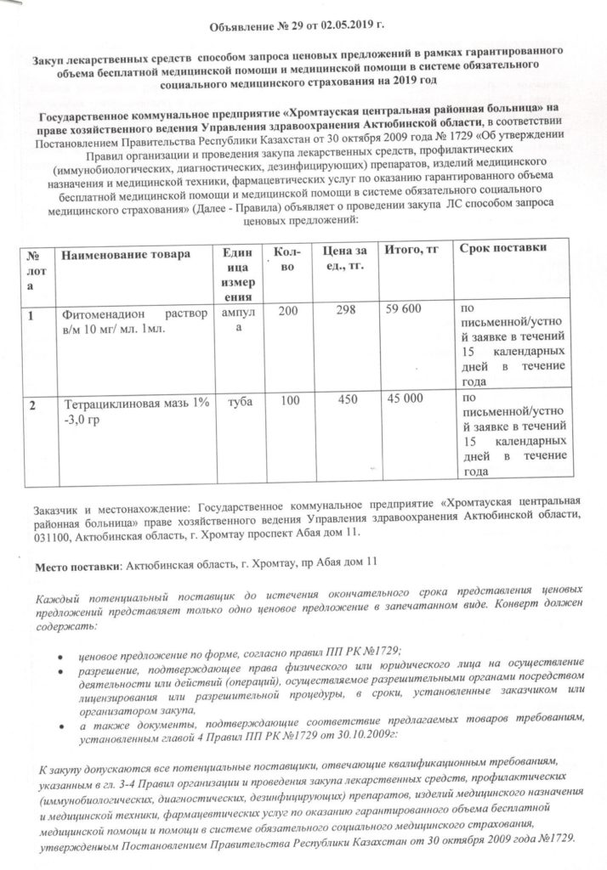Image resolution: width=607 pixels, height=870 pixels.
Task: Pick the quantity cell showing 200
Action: [287, 312]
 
